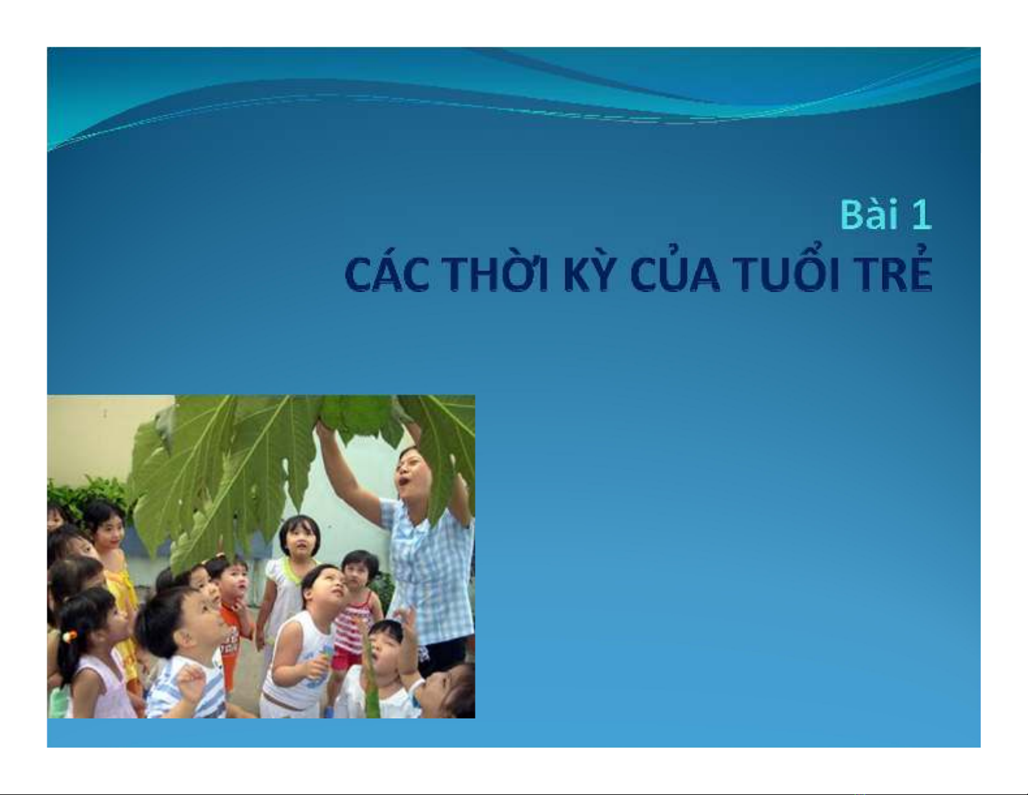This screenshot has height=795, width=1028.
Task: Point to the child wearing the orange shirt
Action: point(233,615)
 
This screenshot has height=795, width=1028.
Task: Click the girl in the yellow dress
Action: point(114,582)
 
